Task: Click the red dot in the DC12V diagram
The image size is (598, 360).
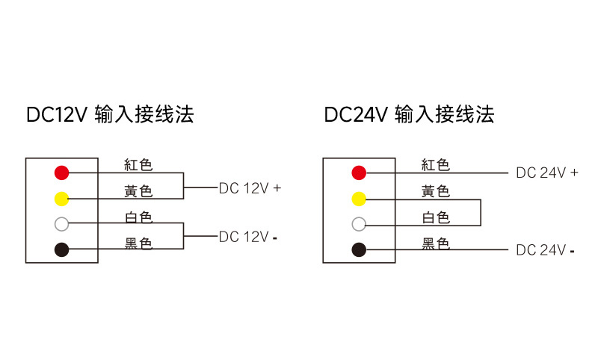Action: point(61,173)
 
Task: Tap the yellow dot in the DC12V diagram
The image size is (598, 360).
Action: point(61,199)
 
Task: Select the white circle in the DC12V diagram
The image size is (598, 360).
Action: point(61,224)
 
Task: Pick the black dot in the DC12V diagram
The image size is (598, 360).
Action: point(61,249)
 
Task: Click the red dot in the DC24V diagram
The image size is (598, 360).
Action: point(359,173)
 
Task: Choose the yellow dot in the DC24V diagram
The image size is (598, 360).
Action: point(359,199)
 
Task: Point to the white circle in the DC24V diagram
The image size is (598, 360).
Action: point(359,224)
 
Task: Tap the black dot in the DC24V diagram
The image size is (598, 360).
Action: point(359,249)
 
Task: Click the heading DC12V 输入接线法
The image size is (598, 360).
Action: point(110,114)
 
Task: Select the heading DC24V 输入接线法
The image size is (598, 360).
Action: point(409,114)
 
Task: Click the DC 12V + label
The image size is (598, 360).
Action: point(250,188)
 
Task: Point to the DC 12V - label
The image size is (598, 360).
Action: point(248,237)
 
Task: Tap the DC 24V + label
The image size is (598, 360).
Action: point(547,173)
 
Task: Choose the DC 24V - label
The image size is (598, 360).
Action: point(546,250)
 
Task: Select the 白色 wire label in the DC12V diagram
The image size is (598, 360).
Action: point(138,217)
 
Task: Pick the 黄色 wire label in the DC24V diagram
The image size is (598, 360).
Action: point(436,192)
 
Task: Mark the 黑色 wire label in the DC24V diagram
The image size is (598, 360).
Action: point(436,243)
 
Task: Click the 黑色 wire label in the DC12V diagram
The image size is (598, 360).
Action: point(138,243)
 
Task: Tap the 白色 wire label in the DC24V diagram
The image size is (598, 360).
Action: point(436,217)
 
